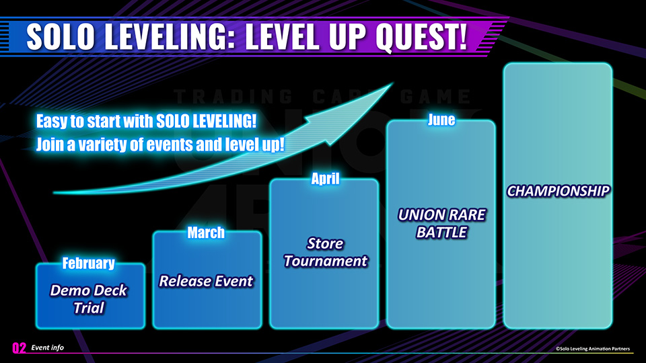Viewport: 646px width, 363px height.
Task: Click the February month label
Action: [88, 264]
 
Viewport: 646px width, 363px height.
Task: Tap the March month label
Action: [206, 233]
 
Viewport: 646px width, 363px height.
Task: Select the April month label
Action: [324, 179]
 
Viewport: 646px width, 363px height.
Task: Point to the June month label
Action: [441, 120]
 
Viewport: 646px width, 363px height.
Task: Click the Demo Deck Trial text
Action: [89, 299]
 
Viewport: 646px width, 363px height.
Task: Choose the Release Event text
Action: [206, 281]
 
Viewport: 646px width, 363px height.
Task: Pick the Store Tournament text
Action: [325, 251]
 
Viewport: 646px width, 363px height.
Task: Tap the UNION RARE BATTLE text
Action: [441, 223]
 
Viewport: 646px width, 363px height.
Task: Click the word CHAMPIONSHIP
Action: [558, 191]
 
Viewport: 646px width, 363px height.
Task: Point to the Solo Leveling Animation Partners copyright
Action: [593, 348]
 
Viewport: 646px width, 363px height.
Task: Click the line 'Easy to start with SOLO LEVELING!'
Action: [146, 122]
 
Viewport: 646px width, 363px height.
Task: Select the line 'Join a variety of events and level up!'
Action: [160, 145]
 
